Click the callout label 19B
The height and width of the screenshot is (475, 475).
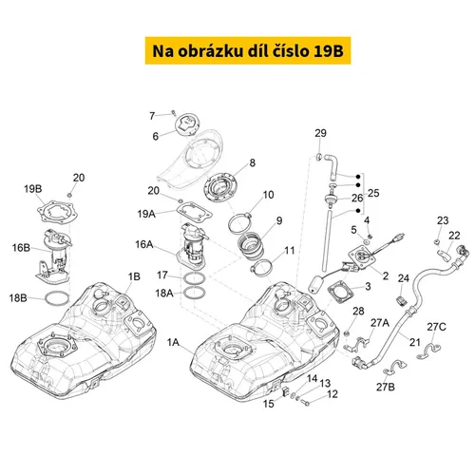pyautogui.click(x=33, y=189)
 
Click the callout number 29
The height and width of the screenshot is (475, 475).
pyautogui.click(x=320, y=133)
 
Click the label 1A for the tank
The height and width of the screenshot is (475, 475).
pyautogui.click(x=173, y=342)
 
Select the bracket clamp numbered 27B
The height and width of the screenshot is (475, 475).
pyautogui.click(x=394, y=368)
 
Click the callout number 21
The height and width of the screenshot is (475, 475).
pyautogui.click(x=415, y=342)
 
